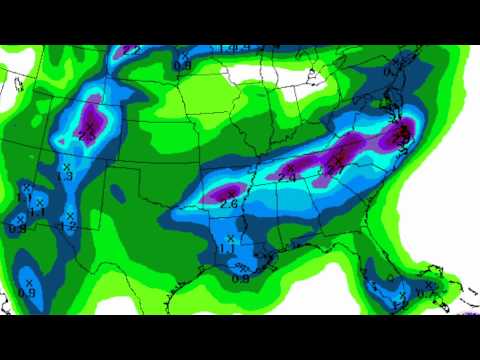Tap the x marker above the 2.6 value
[231, 192]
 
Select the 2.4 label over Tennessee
[286, 176]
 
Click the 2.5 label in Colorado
[87, 137]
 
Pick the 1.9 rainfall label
[66, 176]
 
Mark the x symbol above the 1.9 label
[65, 165]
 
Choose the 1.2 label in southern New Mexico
[70, 226]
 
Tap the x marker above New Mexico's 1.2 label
[70, 215]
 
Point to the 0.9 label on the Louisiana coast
[240, 278]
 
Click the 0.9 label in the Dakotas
[182, 66]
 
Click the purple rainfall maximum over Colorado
[93, 115]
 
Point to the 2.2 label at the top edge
[128, 48]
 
